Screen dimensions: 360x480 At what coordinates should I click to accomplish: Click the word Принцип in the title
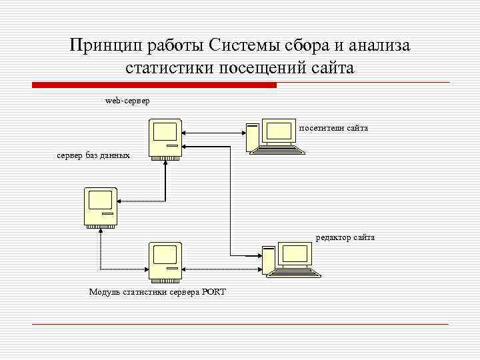coord(102,45)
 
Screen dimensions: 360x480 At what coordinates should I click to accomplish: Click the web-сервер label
coord(127,101)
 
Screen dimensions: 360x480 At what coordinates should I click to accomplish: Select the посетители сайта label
coord(333,127)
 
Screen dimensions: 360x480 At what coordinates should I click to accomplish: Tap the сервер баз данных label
coord(93,155)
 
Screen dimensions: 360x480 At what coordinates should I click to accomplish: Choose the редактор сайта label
coord(345,237)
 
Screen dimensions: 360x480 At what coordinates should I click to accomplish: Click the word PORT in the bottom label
coord(214,292)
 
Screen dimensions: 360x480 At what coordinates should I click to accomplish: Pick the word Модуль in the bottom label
coord(105,292)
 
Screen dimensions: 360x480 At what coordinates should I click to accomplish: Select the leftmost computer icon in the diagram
coord(101,207)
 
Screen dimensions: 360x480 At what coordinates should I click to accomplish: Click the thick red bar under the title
coord(154,85)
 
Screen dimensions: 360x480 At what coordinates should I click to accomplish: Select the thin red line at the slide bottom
coord(240,324)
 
